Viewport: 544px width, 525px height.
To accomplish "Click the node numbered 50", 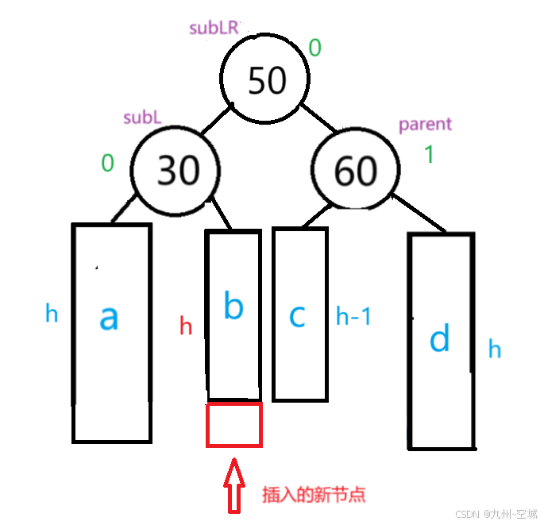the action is coord(265,80).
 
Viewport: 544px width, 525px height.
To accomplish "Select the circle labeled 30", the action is coord(176,169).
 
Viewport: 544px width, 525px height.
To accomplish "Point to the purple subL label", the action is coord(142,118).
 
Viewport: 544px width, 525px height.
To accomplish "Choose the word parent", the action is coord(425,124).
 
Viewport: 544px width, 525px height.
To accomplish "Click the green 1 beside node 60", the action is coord(429,154).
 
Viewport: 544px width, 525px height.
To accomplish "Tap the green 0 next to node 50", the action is coord(314,48).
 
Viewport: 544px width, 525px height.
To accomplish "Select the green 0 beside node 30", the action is coord(107,164).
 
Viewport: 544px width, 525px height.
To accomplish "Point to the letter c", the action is coord(297,315).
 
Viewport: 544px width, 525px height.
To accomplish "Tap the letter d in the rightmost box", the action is coord(439,339).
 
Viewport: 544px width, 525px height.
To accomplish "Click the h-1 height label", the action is coord(353,317).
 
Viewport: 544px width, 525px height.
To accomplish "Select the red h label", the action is coord(186,326).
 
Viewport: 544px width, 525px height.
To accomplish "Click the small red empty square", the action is coord(233,424).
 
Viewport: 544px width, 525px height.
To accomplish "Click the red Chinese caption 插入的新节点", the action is coord(314,494).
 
